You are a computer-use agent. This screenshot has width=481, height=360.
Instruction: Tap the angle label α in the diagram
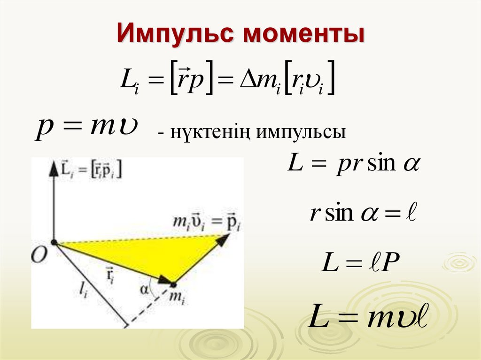[x=144, y=289]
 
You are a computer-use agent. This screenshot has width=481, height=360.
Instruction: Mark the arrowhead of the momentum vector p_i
[x=223, y=239]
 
